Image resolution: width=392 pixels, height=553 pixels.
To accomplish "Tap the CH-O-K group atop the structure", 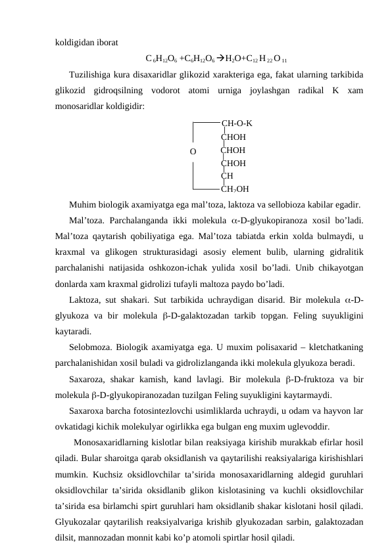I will point(237,123).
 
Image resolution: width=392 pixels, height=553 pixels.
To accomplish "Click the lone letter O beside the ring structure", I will point(193,152).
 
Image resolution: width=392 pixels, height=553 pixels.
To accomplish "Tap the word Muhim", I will point(82,204).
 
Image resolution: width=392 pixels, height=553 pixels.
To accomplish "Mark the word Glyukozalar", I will point(81,522).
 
